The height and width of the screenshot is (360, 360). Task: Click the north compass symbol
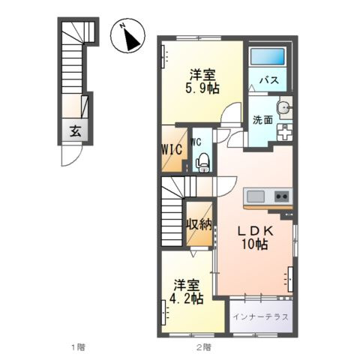coord(129,37)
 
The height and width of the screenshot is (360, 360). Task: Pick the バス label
coord(269,80)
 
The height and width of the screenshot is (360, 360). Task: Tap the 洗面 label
coord(262,119)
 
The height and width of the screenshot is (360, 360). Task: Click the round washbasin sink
coord(283,109)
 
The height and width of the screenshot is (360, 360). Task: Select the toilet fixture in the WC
coord(201,159)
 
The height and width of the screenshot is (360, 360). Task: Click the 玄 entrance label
coord(75,131)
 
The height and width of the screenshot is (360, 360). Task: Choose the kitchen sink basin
coord(255,196)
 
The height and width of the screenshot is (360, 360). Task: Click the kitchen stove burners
coord(282,196)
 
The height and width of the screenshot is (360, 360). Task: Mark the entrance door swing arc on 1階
coord(69,156)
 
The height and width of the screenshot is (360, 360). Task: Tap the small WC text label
coord(196,140)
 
